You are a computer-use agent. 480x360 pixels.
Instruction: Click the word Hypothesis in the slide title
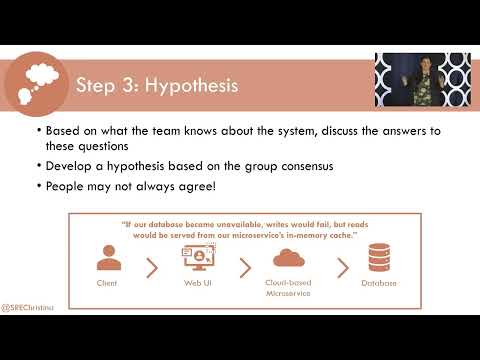(x=190, y=86)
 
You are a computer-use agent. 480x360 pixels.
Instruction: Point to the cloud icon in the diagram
(x=287, y=258)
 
